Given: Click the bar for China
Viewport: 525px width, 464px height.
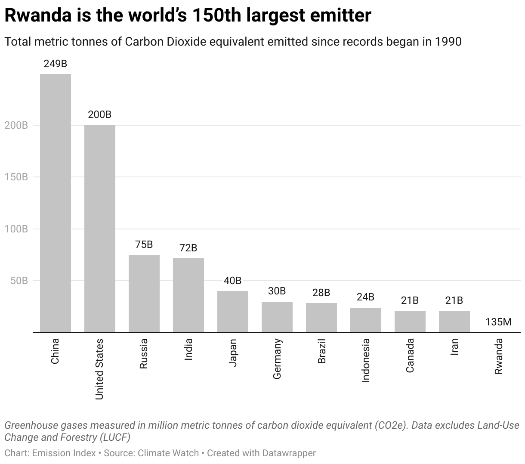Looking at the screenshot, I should (x=56, y=203).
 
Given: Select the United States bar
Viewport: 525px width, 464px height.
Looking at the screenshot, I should (x=100, y=228).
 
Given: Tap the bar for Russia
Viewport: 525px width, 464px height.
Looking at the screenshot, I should (x=144, y=294).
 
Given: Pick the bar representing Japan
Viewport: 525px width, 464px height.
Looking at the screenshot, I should (x=233, y=311).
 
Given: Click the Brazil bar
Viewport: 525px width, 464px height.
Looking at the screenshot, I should (x=321, y=317).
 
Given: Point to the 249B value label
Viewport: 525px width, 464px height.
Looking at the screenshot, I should (x=56, y=64).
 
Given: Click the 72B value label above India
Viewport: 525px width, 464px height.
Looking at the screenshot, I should (x=188, y=248).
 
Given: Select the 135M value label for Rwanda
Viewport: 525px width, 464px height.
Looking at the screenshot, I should (x=498, y=322).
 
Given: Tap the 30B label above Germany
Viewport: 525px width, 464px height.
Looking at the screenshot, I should (x=277, y=291).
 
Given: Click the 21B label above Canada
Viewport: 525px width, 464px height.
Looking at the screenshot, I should (x=410, y=300).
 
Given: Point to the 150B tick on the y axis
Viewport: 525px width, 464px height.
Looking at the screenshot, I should (x=16, y=177).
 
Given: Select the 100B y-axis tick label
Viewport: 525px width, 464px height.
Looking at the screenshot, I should (x=16, y=229).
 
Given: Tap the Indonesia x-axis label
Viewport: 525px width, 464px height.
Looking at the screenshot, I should (x=366, y=360).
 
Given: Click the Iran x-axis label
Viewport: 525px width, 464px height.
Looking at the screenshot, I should (x=454, y=346).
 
